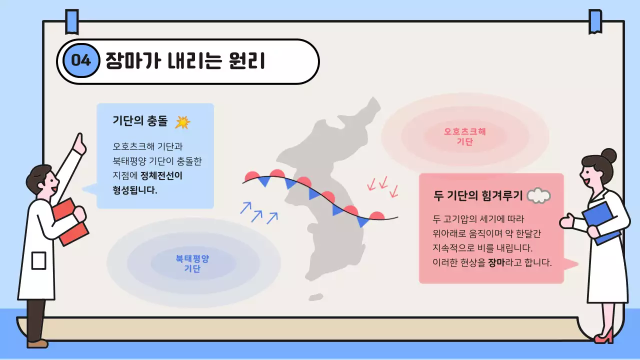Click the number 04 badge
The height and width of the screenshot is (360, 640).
point(81,61)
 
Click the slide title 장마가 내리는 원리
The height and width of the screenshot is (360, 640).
point(185,61)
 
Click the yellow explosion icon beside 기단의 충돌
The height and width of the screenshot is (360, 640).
point(182,122)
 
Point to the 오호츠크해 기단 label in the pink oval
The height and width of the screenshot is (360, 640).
point(464,136)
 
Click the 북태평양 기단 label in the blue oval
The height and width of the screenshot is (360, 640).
point(192,263)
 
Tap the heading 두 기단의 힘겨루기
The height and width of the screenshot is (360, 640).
point(478,195)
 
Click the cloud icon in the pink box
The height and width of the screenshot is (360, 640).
point(538,195)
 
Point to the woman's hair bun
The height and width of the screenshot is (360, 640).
point(608,154)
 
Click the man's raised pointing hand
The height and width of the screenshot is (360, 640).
point(79,144)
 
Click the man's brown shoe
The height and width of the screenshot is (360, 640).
point(38,343)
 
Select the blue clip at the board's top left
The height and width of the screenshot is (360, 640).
point(72,22)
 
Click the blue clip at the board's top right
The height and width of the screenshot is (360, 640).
point(595,21)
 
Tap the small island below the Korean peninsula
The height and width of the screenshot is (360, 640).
point(315,297)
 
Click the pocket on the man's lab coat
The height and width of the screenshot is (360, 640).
point(38,260)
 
